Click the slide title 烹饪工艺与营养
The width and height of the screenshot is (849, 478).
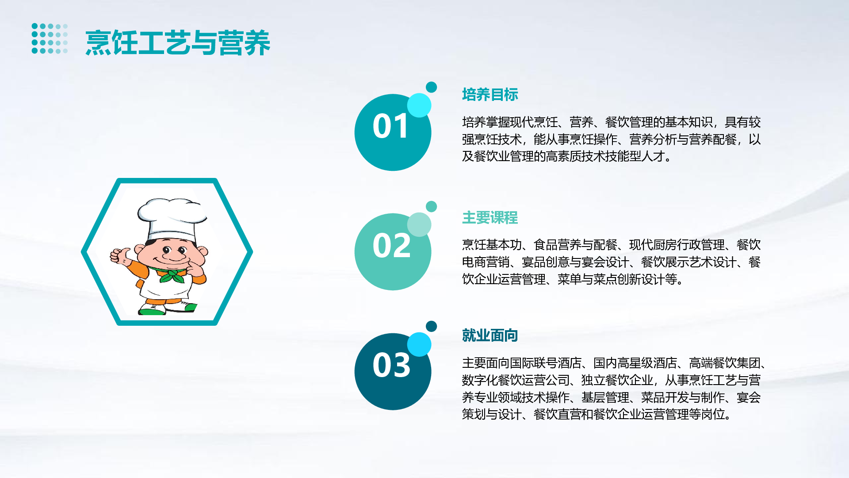[178, 43]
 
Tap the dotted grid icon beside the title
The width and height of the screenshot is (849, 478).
[50, 39]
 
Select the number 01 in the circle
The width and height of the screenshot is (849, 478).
[390, 126]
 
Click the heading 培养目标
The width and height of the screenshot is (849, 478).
[490, 94]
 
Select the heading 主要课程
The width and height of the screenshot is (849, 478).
[490, 217]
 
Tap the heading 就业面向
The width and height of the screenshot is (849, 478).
[490, 335]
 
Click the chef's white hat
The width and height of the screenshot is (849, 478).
[172, 218]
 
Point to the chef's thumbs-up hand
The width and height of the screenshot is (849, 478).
[120, 255]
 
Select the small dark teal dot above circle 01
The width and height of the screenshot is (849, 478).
[431, 87]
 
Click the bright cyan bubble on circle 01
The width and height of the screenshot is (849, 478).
[419, 105]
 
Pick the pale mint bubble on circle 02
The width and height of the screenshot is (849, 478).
[419, 224]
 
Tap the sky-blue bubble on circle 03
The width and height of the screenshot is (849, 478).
[419, 344]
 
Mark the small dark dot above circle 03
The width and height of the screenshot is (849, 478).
[431, 326]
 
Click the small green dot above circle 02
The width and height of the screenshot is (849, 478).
[431, 206]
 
